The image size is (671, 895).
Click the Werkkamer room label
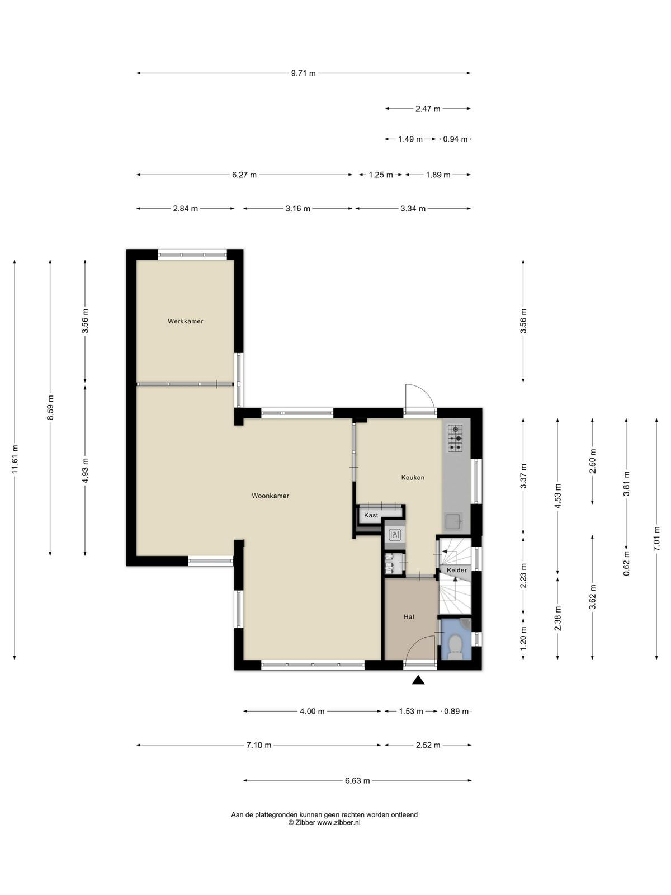pos(186,321)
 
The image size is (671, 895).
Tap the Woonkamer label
pos(271,496)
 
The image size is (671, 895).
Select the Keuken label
pos(413,478)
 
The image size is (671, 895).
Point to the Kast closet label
pos(371,515)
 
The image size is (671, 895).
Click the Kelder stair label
pos(457,570)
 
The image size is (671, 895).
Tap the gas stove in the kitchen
pos(456,439)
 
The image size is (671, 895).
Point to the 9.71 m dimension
pos(303,73)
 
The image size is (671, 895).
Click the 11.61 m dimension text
pos(15,459)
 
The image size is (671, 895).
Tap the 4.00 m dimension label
pos(312,712)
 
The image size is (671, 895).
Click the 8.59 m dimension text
pos(50,408)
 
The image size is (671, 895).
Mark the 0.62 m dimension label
pos(627,563)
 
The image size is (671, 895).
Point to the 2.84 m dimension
pos(186,209)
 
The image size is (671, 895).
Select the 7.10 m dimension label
pos(259,745)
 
